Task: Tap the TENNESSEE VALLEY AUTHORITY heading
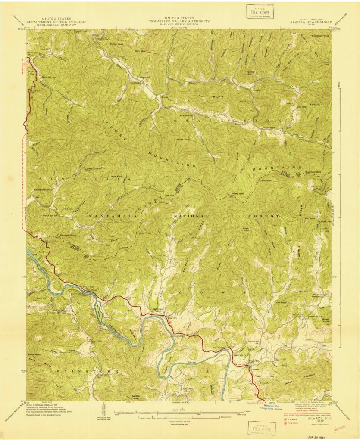179,21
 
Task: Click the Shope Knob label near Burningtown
34,354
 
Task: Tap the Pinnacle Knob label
67,236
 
